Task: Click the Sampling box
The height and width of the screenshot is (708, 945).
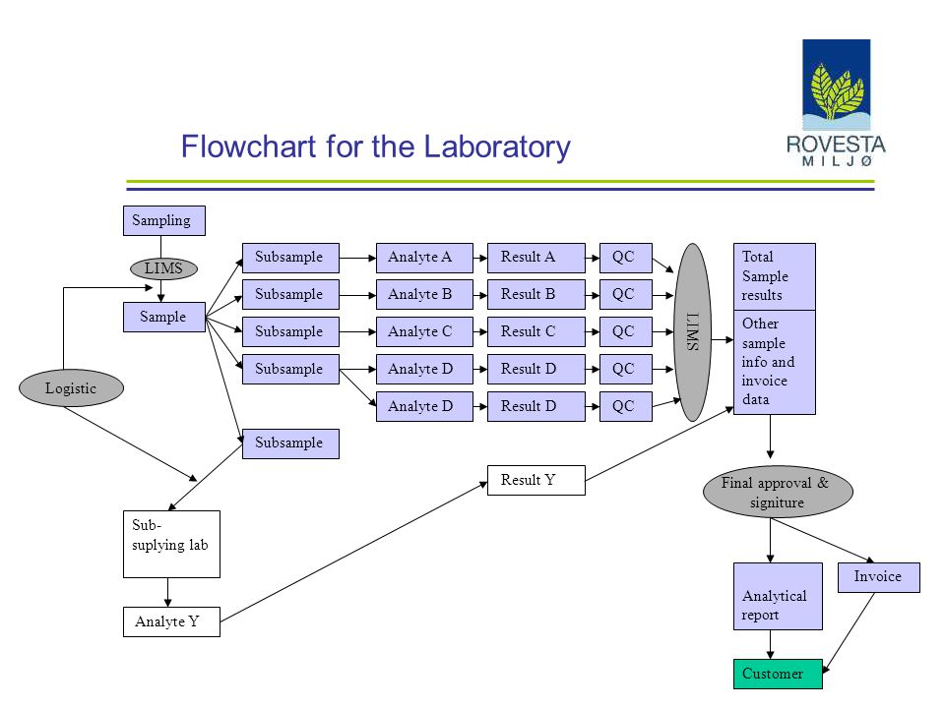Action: [x=164, y=220]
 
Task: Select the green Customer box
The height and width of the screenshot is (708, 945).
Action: [x=778, y=674]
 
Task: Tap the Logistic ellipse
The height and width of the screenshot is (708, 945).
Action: [x=71, y=387]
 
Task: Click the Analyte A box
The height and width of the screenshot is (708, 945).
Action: [x=424, y=258]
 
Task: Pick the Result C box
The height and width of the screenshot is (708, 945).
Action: [x=535, y=331]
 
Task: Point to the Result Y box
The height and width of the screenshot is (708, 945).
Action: [x=535, y=480]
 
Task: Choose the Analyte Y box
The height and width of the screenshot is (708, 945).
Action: [x=171, y=621]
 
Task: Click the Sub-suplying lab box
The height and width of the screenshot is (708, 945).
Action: [x=171, y=544]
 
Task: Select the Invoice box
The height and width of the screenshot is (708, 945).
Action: [x=879, y=577]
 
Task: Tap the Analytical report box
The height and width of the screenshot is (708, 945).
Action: [x=778, y=596]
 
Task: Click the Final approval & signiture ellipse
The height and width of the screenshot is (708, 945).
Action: [x=778, y=492]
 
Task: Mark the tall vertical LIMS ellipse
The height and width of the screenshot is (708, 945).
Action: [x=692, y=332]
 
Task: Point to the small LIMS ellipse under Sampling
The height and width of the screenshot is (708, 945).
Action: [x=164, y=268]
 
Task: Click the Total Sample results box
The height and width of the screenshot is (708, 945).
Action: [x=775, y=277]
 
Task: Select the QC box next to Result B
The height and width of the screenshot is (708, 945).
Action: [x=626, y=294]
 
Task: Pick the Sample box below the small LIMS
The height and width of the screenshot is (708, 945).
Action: [x=164, y=317]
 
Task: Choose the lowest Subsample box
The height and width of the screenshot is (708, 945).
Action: [x=290, y=443]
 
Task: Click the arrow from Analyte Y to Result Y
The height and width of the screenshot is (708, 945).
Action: [x=353, y=552]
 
